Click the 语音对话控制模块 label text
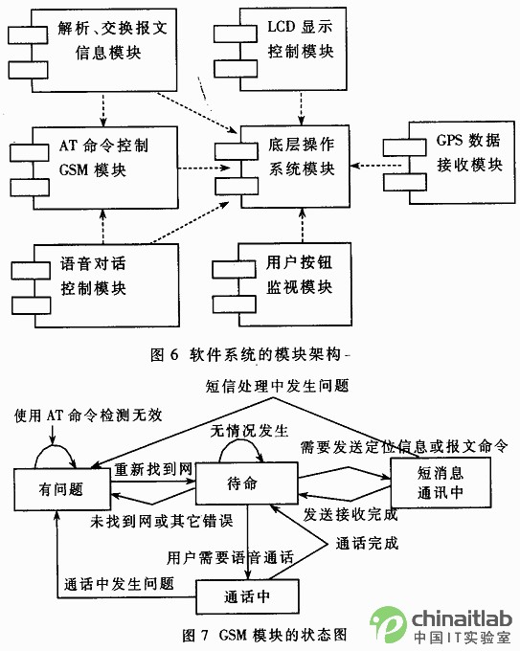(93, 276)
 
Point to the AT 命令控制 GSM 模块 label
(103, 158)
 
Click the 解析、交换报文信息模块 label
(112, 40)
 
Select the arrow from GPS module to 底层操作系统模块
(376, 166)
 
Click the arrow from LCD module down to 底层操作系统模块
(301, 108)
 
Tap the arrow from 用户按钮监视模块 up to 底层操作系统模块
(302, 225)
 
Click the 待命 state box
(247, 483)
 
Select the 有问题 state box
(62, 489)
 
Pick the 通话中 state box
(247, 596)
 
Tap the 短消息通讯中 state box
(441, 483)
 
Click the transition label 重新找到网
(153, 469)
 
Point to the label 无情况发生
(249, 431)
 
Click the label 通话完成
(367, 543)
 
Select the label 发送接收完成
(350, 514)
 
